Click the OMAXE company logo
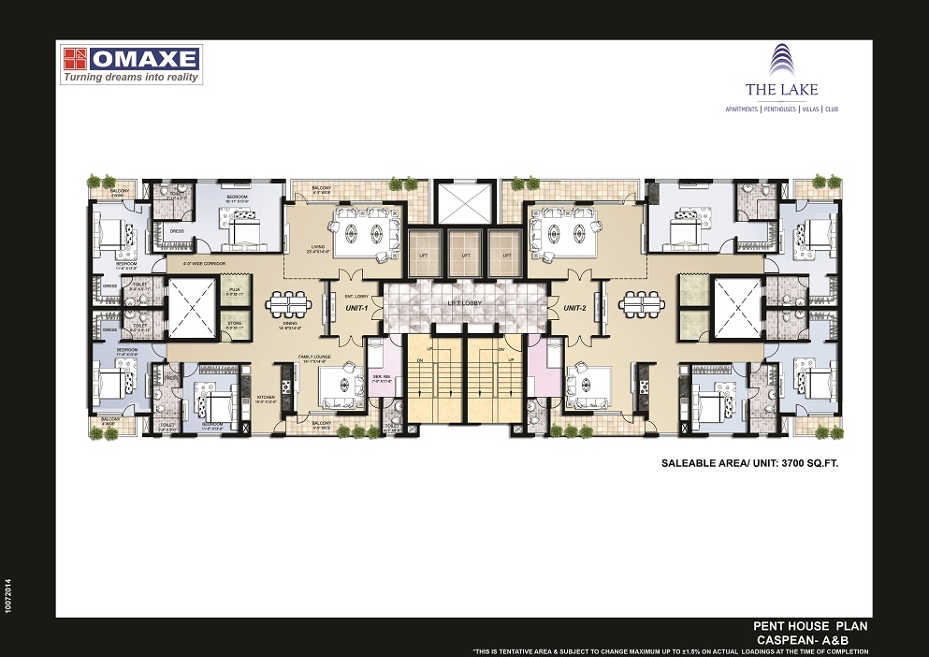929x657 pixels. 132,63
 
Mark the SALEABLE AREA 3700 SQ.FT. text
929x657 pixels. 749,462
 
